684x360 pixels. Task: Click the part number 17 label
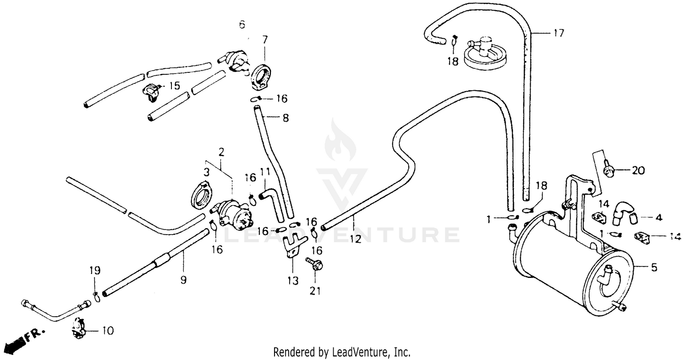pos(559,33)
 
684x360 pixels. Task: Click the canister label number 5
pos(654,267)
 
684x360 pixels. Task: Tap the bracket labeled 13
pos(291,246)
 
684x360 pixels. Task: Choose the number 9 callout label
pos(183,280)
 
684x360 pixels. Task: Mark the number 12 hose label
pos(356,239)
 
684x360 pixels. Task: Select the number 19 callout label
pos(94,270)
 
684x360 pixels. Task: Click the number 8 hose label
pos(285,118)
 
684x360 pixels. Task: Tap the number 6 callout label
pos(242,24)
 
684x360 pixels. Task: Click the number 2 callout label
pos(221,152)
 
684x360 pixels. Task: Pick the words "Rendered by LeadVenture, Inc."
pos(342,352)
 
